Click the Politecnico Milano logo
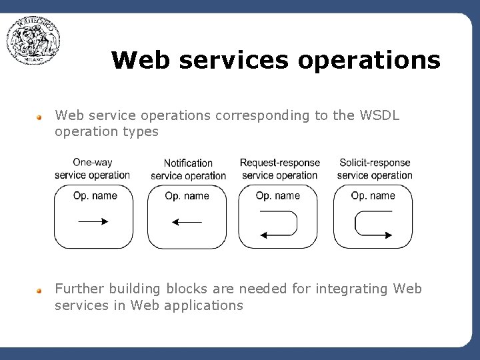coord(33,41)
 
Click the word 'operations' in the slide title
coord(369,61)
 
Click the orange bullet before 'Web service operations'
coord(40,117)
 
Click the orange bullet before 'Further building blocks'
coord(40,290)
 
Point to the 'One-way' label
coord(92,162)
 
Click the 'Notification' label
coord(188,163)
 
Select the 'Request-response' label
coord(279,163)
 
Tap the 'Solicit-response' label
coord(375,163)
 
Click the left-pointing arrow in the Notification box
coord(187,222)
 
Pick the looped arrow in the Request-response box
coord(279,223)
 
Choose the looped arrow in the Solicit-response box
coord(373,223)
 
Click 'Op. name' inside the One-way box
coord(95,196)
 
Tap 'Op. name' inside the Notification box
coord(187,196)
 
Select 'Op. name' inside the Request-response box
coord(278,196)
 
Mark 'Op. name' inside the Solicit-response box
coord(373,196)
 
